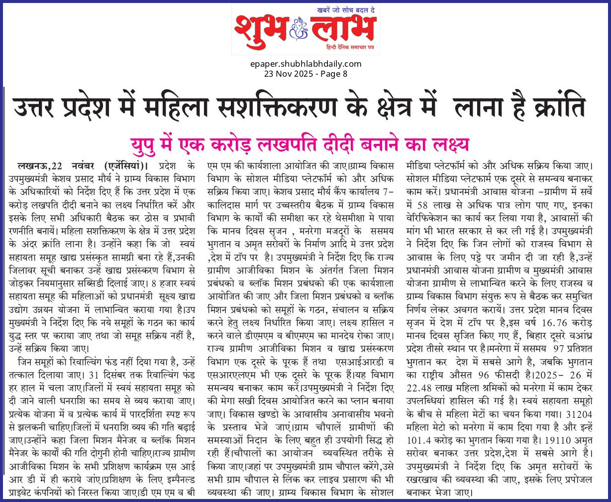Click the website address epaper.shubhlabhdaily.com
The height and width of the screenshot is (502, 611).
pos(305,64)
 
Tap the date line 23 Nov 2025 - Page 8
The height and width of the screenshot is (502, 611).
pos(305,73)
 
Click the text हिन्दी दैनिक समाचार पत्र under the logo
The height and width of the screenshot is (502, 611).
pos(350,46)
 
